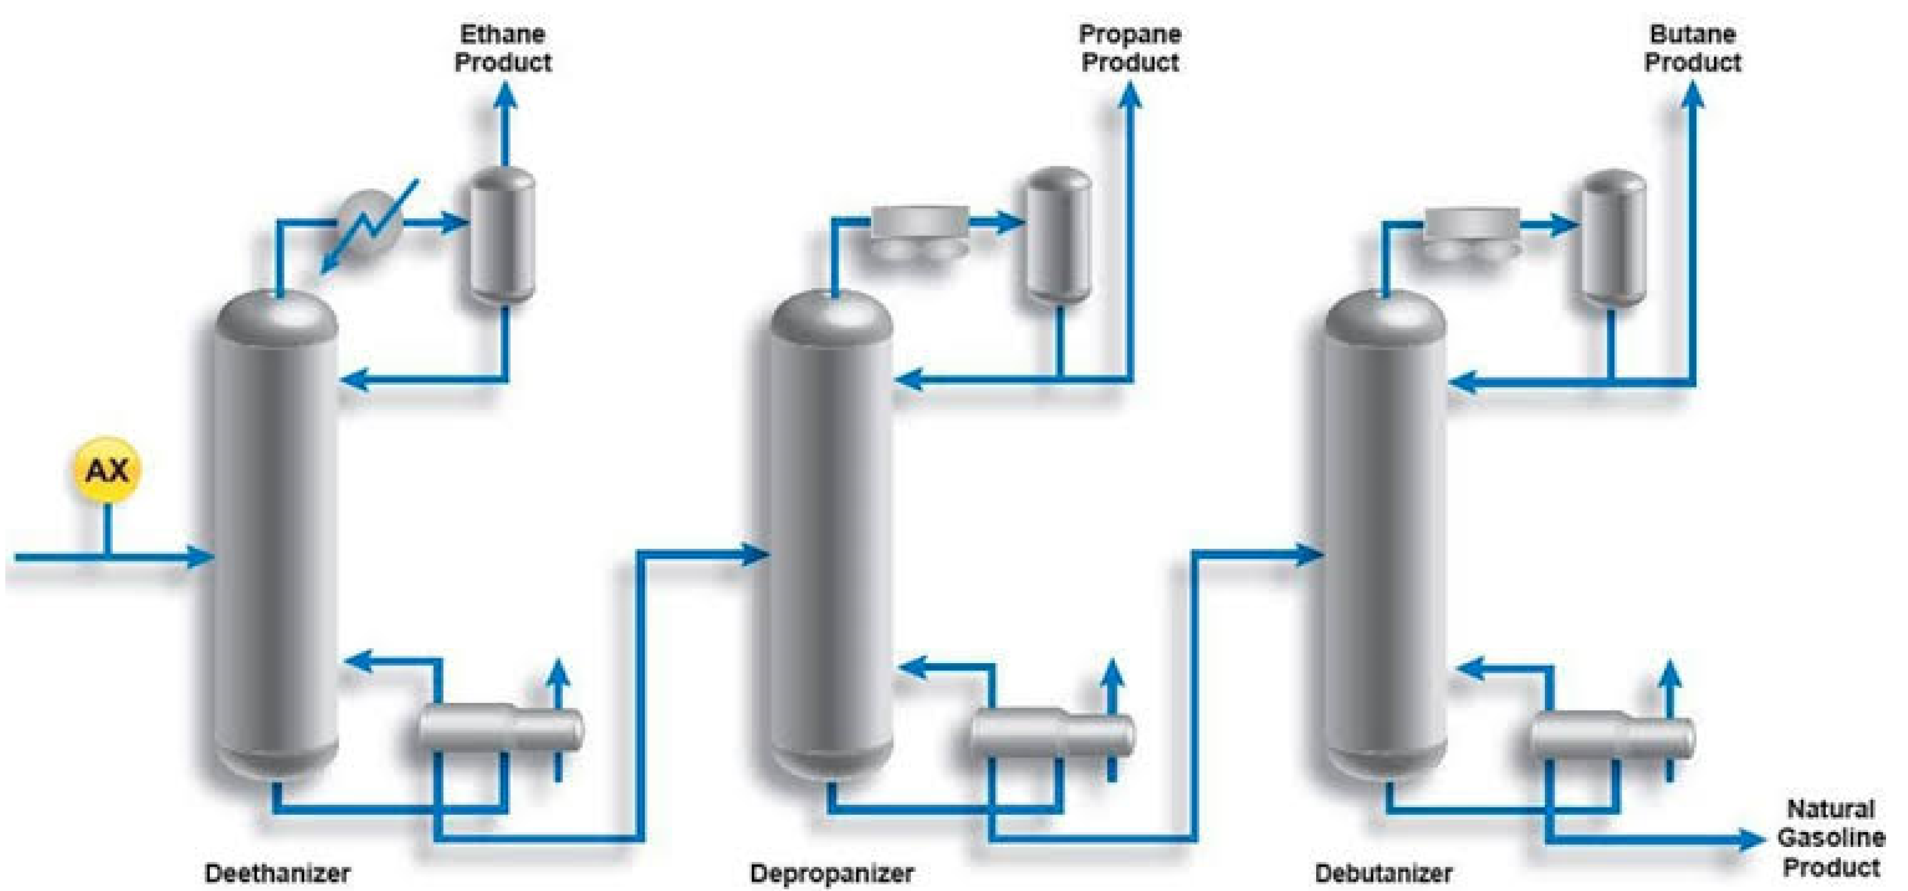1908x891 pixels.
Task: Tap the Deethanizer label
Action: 277,873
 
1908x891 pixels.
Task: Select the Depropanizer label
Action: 831,873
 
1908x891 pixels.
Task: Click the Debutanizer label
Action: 1383,873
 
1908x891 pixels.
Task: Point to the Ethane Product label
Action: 503,48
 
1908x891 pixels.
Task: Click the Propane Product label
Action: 1130,48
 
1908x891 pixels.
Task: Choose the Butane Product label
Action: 1692,48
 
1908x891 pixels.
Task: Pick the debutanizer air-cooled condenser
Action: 1472,231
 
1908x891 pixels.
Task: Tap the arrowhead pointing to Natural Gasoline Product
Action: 1752,840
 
